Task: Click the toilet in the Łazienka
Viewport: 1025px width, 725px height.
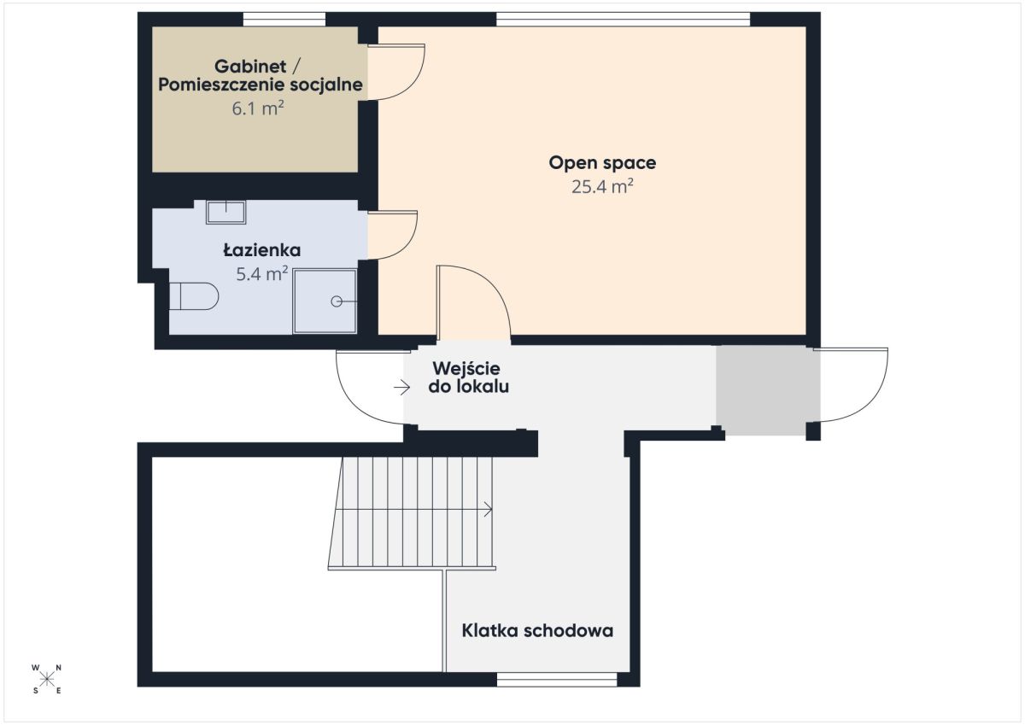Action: (194, 296)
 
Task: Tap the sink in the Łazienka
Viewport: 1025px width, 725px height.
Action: (226, 213)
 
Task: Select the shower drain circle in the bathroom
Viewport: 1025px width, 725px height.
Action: (337, 301)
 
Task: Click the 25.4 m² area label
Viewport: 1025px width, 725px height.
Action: (602, 187)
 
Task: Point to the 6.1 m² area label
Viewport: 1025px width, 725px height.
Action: (258, 108)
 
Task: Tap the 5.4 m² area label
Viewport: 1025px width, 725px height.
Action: (261, 273)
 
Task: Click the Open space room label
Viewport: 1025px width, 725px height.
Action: (602, 163)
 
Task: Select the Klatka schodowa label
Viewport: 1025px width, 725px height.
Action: (537, 631)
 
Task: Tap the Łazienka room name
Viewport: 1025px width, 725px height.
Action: (262, 250)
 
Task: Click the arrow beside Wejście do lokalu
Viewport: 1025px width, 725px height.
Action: (401, 388)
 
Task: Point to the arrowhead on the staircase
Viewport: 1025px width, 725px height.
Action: (489, 509)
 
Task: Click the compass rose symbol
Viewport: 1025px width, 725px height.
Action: (47, 680)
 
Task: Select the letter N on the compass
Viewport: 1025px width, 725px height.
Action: (59, 668)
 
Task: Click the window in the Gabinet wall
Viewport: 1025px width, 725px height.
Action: (284, 19)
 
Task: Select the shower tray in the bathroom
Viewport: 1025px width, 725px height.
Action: (325, 301)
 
